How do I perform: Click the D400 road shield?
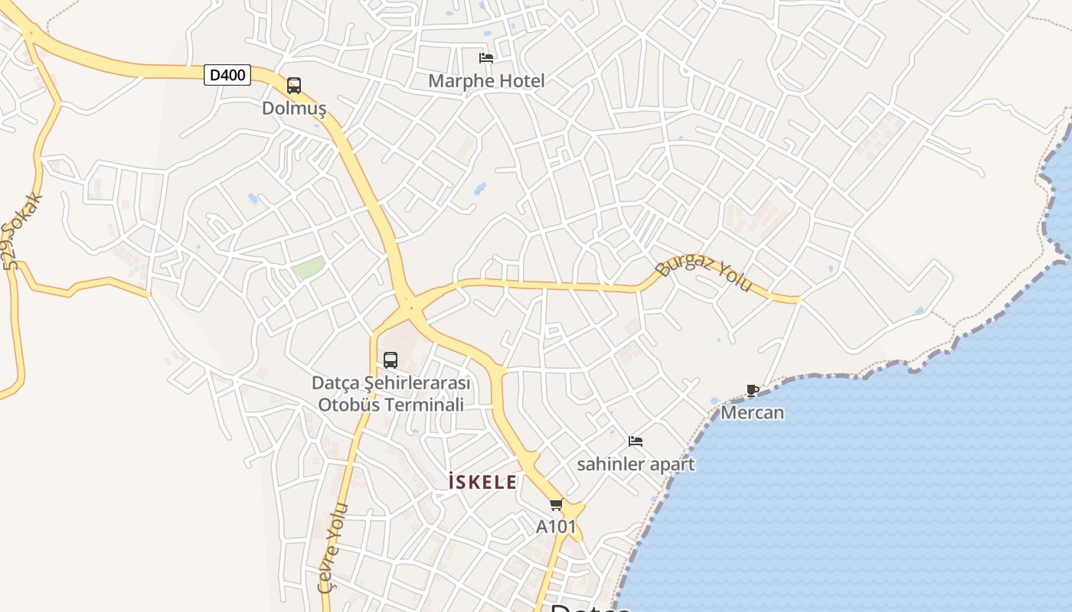227,75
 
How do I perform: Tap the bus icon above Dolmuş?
294,86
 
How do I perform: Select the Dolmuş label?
294,109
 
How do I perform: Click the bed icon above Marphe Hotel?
485,58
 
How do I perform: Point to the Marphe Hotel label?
486,81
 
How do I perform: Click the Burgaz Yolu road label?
704,275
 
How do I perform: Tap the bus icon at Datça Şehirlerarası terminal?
391,360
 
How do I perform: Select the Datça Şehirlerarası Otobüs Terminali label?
391,393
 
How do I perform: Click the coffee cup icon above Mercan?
753,391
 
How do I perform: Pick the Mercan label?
753,413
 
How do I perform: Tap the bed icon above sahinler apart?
636,441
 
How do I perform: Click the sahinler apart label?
636,464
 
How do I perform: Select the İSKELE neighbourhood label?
482,483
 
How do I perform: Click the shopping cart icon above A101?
557,505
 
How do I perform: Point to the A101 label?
556,527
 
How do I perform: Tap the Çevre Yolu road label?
333,547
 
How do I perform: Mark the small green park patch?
309,268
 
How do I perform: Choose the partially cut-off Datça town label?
590,608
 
